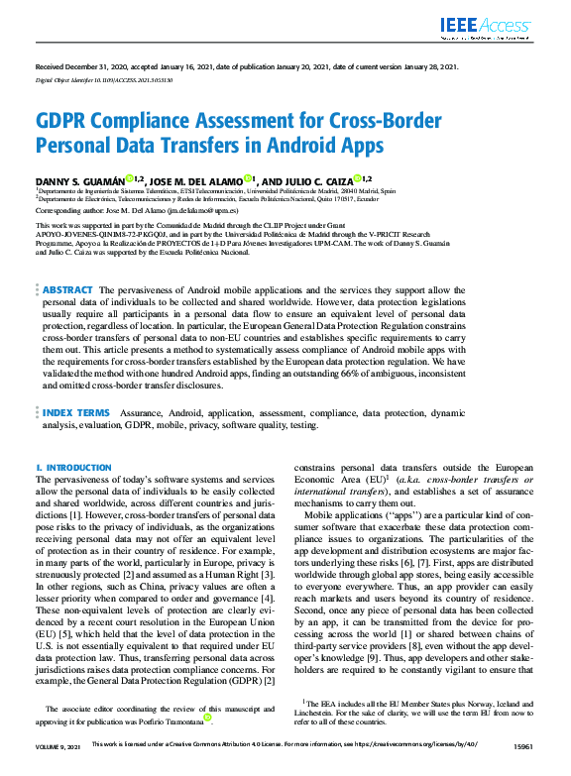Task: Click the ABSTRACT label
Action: coord(68,288)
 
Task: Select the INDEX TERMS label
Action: coord(76,411)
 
